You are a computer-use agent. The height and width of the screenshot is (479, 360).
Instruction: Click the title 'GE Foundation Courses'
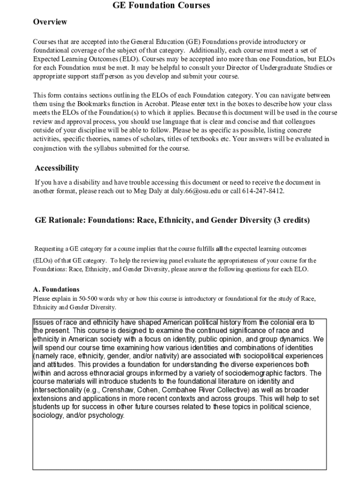[x=161, y=6]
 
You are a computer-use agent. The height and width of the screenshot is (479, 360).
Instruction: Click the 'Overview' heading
[x=50, y=22]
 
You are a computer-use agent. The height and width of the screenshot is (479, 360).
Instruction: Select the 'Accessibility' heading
[x=57, y=168]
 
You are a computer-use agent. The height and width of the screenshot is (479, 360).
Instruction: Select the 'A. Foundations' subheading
[x=56, y=289]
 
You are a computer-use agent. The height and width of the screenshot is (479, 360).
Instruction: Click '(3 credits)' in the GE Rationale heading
[x=291, y=220]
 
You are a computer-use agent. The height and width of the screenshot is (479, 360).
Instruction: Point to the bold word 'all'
[x=219, y=248]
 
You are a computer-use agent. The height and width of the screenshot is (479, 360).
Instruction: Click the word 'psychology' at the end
[x=106, y=415]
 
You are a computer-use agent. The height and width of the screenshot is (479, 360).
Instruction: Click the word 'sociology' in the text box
[x=48, y=415]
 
